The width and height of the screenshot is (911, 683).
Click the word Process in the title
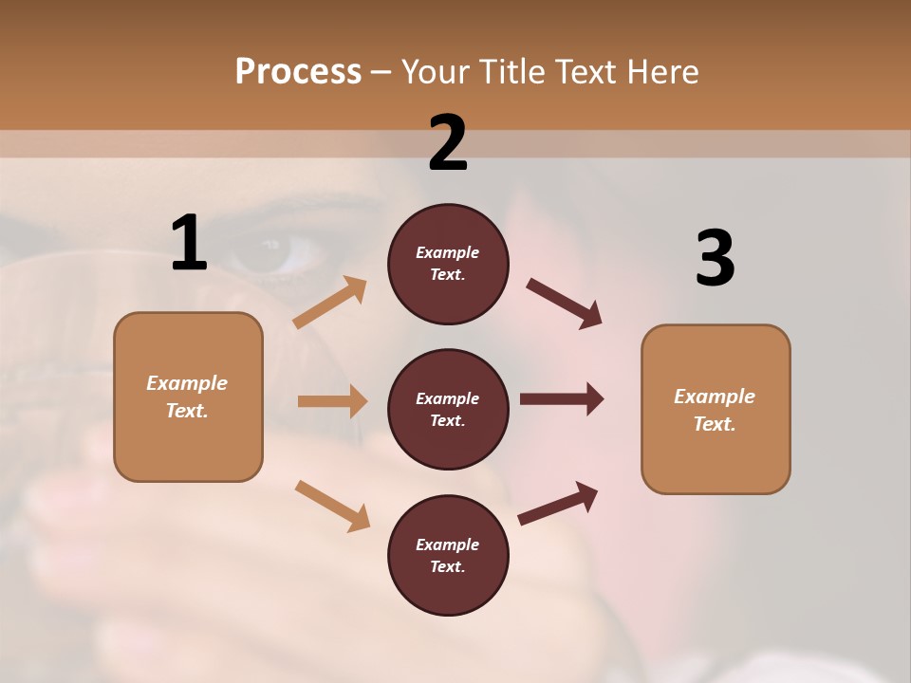click(298, 72)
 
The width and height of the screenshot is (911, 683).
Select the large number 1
click(189, 244)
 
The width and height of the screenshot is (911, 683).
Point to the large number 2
click(448, 143)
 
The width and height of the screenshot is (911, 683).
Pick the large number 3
click(715, 259)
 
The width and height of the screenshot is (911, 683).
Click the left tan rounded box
click(188, 397)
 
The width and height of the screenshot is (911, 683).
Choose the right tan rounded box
click(716, 410)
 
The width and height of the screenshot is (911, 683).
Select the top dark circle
click(448, 264)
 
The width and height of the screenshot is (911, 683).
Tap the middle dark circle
click(448, 410)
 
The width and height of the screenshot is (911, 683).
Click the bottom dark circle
click(448, 556)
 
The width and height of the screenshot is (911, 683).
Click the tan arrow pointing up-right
click(330, 303)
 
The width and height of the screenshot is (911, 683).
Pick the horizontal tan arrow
click(332, 401)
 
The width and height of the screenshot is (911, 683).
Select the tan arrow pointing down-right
click(332, 505)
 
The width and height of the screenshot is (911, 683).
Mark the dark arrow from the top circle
click(565, 304)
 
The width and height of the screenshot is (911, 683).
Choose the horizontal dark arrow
click(562, 399)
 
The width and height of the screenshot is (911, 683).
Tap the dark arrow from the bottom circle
click(558, 503)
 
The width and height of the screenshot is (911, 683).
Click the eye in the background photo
click(273, 251)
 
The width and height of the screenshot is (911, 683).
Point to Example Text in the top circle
click(448, 264)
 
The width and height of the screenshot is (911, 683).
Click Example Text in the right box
click(715, 410)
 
